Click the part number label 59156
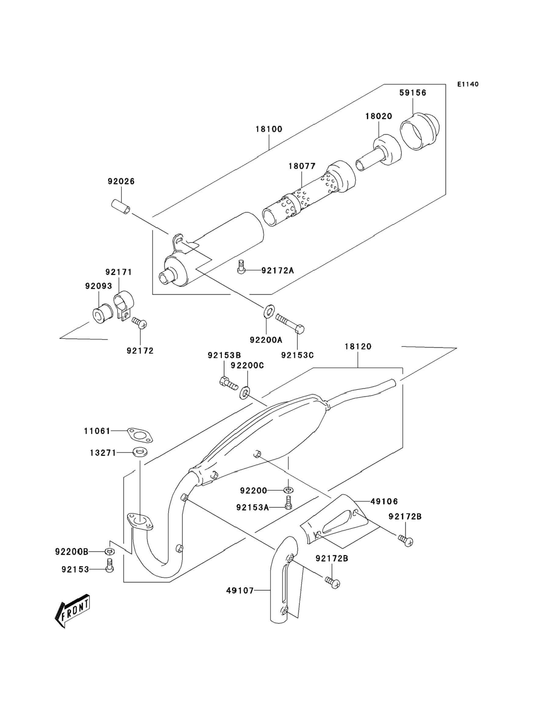coord(412,93)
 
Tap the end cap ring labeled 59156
coord(420,131)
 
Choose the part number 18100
coord(269,129)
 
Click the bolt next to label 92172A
coord(241,266)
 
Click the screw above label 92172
coord(139,323)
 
